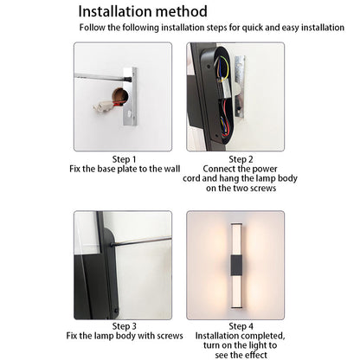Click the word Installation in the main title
(x=114, y=11)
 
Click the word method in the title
(x=182, y=11)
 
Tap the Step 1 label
(x=124, y=159)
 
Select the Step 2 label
(x=241, y=159)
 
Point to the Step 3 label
(x=124, y=326)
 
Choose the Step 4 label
(x=241, y=326)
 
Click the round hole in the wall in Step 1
(x=120, y=96)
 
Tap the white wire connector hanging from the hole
(x=100, y=106)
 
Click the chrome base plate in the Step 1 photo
(x=130, y=96)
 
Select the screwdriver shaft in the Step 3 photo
(x=141, y=241)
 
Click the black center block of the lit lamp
(x=236, y=266)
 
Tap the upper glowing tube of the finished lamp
(x=236, y=239)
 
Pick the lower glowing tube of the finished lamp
(x=236, y=292)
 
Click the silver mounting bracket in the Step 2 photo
(x=240, y=87)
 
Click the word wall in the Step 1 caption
(x=172, y=169)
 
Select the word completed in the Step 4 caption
(x=262, y=336)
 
